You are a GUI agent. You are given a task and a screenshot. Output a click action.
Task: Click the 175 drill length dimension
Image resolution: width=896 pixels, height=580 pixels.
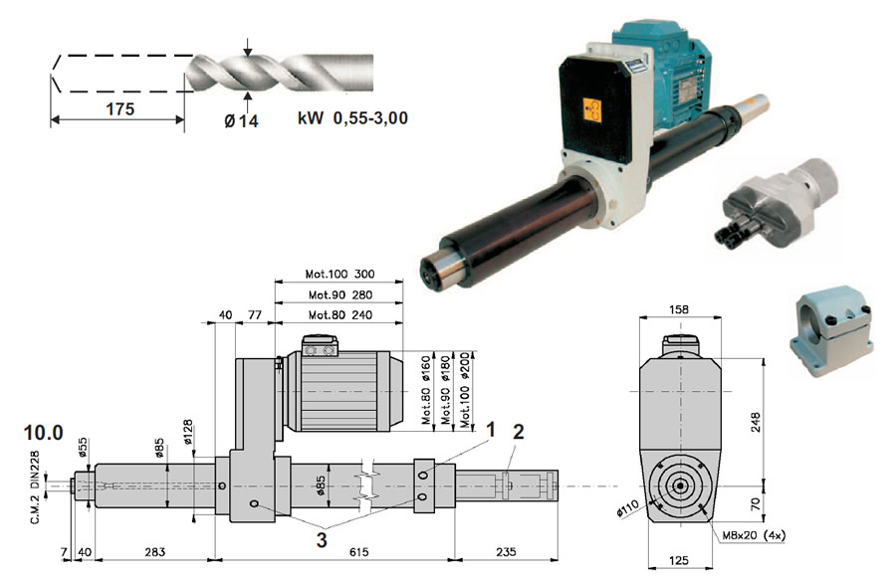pyautogui.click(x=120, y=108)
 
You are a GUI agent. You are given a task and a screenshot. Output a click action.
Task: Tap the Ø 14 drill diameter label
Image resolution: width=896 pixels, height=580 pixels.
pyautogui.click(x=241, y=120)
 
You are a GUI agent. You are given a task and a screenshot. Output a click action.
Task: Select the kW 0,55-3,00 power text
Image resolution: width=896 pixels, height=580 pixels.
pyautogui.click(x=352, y=118)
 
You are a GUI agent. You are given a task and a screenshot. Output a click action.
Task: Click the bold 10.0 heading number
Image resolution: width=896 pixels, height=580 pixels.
pyautogui.click(x=44, y=433)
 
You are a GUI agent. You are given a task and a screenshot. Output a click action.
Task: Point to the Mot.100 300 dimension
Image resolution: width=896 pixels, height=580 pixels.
pyautogui.click(x=340, y=274)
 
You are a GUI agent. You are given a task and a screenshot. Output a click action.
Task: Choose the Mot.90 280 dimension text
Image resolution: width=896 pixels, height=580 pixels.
pyautogui.click(x=340, y=294)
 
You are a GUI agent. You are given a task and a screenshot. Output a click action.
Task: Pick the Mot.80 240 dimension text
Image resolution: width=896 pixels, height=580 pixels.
pyautogui.click(x=340, y=314)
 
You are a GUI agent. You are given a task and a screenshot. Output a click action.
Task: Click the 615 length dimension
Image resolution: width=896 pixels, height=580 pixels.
pyautogui.click(x=358, y=551)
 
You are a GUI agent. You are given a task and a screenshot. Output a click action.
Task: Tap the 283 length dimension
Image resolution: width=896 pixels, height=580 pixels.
pyautogui.click(x=155, y=551)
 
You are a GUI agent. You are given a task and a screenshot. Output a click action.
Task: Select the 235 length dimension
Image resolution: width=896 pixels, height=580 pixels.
pyautogui.click(x=506, y=551)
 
